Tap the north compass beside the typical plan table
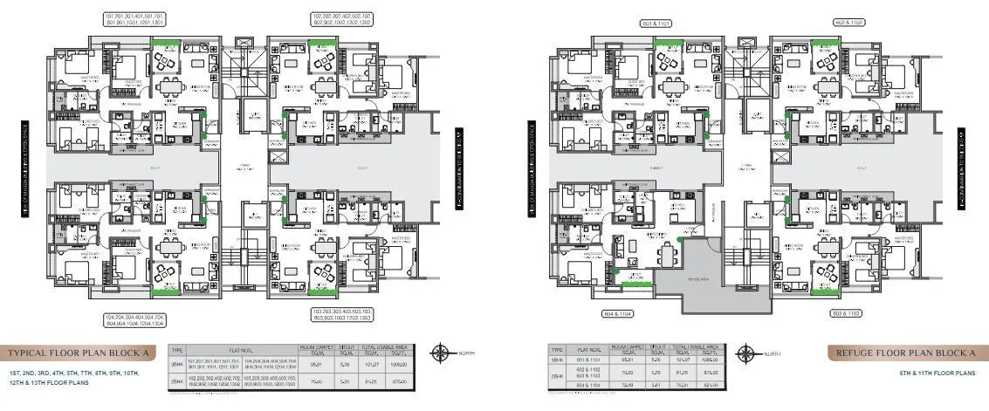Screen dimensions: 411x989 453,353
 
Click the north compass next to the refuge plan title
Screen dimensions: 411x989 746,353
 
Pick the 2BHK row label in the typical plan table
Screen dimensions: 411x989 177,380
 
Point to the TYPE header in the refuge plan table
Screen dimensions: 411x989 556,349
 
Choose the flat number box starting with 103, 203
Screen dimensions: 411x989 343,313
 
